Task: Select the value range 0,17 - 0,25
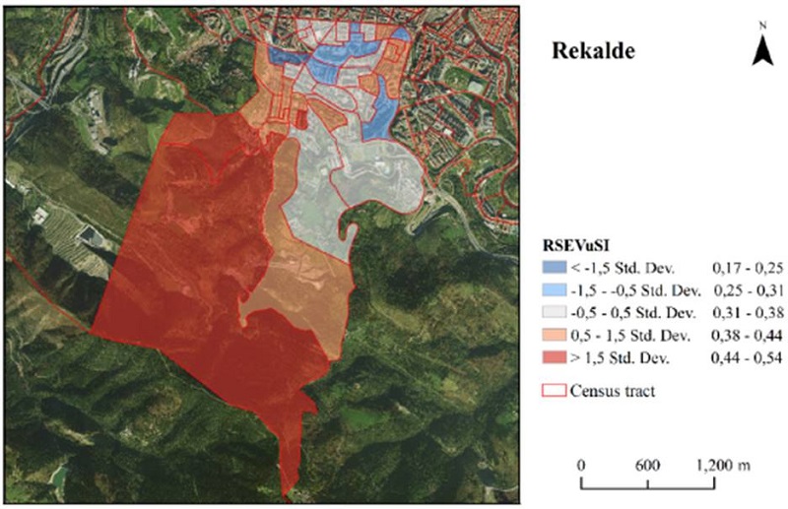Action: point(744,267)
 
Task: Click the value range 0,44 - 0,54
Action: point(744,359)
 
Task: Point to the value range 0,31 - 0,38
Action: point(744,313)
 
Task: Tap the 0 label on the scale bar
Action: point(582,465)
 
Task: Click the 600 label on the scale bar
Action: point(646,465)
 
